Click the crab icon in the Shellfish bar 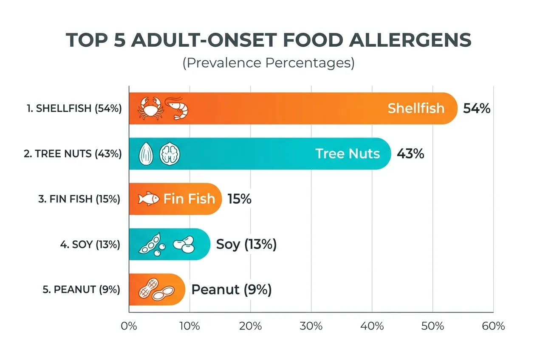(x=149, y=108)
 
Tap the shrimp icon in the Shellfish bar (x=176, y=109)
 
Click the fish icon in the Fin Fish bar (x=149, y=199)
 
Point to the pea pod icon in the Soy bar (x=150, y=245)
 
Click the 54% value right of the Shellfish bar (x=477, y=108)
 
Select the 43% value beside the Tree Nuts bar (x=410, y=154)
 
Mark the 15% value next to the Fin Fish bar (x=239, y=199)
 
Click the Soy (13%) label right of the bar (x=246, y=245)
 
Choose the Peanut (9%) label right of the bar (x=232, y=290)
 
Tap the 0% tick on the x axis (x=129, y=326)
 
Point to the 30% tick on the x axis (x=311, y=326)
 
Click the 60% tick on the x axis (x=493, y=326)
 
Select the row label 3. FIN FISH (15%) (x=79, y=199)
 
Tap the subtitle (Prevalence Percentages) (x=268, y=63)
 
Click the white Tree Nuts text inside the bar (x=348, y=154)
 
